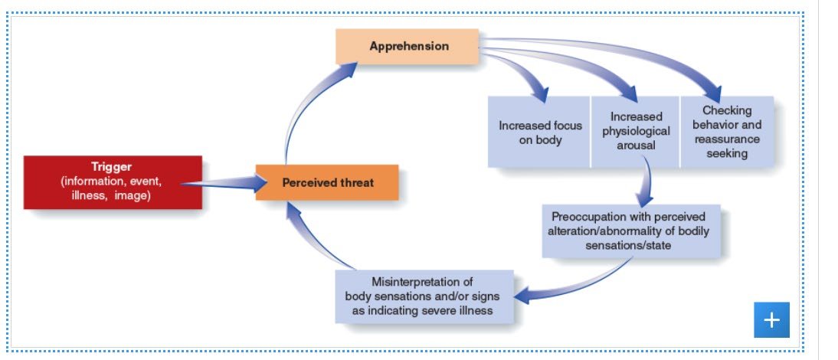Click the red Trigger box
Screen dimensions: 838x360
point(113,182)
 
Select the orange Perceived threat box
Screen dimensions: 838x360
point(327,182)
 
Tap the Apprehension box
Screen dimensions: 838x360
point(408,47)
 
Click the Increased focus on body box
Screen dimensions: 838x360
point(538,132)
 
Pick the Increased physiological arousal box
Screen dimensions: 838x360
point(635,132)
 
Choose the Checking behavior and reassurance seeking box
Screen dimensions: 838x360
point(727,132)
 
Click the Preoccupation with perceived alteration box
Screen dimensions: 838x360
point(631,231)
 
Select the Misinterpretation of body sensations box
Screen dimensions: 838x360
point(424,296)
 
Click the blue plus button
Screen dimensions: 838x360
point(771,320)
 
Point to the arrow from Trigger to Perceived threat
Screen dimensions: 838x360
point(224,183)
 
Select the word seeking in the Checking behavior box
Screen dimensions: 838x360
point(727,154)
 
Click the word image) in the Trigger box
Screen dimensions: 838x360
point(133,196)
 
